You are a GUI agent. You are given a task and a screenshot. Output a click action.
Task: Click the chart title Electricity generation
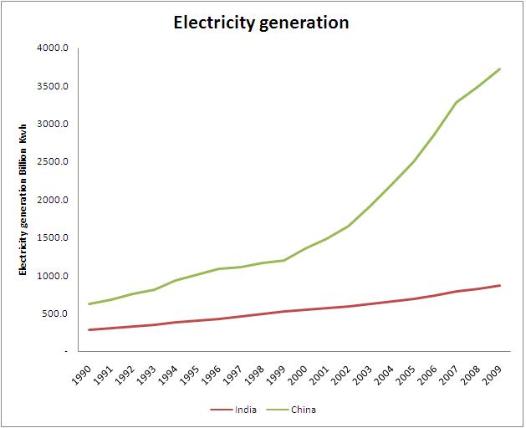coord(261,23)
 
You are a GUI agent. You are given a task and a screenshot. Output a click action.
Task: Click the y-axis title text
coord(23,199)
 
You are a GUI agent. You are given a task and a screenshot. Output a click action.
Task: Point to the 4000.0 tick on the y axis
coord(53,48)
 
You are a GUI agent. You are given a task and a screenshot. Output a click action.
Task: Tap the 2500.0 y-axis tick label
coord(53,161)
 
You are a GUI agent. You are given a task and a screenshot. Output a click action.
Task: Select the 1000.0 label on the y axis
coord(53,276)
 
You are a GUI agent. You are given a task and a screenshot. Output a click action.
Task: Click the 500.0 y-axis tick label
coord(54,313)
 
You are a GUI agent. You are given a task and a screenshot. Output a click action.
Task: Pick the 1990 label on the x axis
coord(81,374)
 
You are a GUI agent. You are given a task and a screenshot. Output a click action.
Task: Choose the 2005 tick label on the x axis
coord(406,374)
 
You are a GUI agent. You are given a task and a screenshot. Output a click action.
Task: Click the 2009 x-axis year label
coord(492,374)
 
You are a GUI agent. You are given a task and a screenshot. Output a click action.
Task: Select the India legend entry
coord(233,410)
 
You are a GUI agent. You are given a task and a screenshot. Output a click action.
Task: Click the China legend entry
coord(291,410)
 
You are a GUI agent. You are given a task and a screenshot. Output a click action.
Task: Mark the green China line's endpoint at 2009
coord(500,69)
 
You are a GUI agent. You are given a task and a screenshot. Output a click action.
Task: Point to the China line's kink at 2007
coord(457,102)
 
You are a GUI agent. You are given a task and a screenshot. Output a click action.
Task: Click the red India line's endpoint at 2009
coord(500,285)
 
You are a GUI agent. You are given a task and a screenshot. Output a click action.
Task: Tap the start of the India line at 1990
coord(89,329)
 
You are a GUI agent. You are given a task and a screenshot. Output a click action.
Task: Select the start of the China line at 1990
coord(89,304)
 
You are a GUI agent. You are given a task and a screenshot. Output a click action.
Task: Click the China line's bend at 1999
coord(283,260)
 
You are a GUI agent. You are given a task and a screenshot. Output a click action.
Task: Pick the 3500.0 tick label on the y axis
coord(53,86)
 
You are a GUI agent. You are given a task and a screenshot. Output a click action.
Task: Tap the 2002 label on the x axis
coord(340,374)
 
